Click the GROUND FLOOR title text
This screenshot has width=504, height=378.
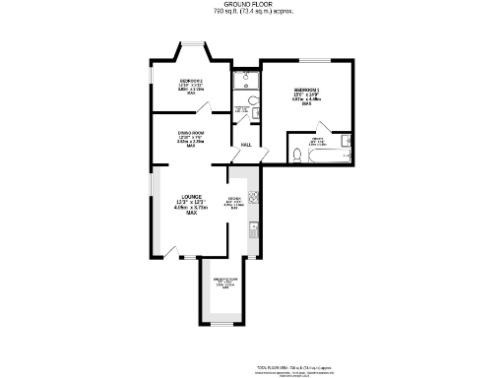click(251, 4)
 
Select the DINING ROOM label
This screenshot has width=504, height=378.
click(191, 137)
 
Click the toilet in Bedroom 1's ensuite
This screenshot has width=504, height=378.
click(296, 154)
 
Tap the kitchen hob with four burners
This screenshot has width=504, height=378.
click(254, 195)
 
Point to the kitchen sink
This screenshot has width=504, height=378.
click(254, 229)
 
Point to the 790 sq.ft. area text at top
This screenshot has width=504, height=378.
click(251, 12)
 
